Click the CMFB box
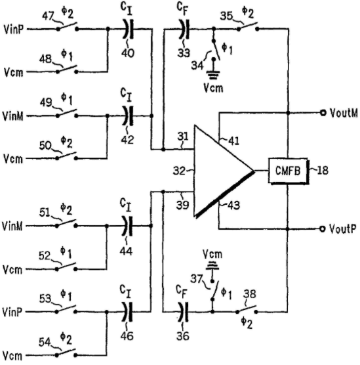(x=289, y=171)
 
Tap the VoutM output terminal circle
(x=323, y=113)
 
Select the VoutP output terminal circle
(x=322, y=229)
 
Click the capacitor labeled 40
(x=129, y=29)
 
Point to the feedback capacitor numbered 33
(x=184, y=29)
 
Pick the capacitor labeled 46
(x=127, y=312)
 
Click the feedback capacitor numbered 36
(x=183, y=312)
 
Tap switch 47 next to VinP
(x=68, y=27)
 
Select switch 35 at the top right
(x=248, y=27)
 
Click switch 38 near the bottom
(x=247, y=310)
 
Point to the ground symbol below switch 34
(x=214, y=75)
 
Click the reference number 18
(x=323, y=171)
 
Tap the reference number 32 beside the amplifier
(x=179, y=171)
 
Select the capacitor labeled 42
(x=128, y=116)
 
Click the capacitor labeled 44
(x=127, y=226)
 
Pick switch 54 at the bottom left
(x=66, y=353)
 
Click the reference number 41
(x=233, y=141)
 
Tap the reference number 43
(x=233, y=205)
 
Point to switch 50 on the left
(x=66, y=156)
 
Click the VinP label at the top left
(x=14, y=30)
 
